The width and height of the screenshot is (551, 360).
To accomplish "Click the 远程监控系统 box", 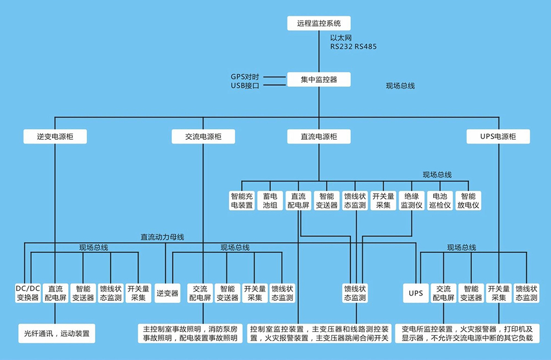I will pos(319,23).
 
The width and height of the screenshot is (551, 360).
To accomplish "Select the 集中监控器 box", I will pos(319,79).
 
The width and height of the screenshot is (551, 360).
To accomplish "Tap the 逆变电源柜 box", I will pos(55,137).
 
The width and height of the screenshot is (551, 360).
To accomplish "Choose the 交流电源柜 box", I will pos(203,137).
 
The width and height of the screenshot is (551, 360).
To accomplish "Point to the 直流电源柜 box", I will pos(319,137).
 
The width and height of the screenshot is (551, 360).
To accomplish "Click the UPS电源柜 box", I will pos(498,137).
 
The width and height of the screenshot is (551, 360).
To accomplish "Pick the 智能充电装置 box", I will pos(242,200).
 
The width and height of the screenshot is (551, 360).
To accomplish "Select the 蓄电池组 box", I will pos(270,200).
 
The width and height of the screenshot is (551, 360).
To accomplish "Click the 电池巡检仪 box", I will pos(440,200).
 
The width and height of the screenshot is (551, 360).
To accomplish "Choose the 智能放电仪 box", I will pos(468,200).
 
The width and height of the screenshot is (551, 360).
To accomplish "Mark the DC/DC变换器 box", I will pos(28,293).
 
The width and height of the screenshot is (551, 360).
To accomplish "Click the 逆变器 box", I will pos(167,293).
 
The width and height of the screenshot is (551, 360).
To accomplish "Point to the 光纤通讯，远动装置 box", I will pos(57,333).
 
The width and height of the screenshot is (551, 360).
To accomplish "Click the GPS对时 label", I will pos(245,77).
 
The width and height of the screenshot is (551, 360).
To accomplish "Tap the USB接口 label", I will pos(245,86).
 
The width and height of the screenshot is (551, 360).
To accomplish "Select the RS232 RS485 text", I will pos(353,46).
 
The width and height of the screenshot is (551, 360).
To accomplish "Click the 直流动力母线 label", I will pos(162,237).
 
